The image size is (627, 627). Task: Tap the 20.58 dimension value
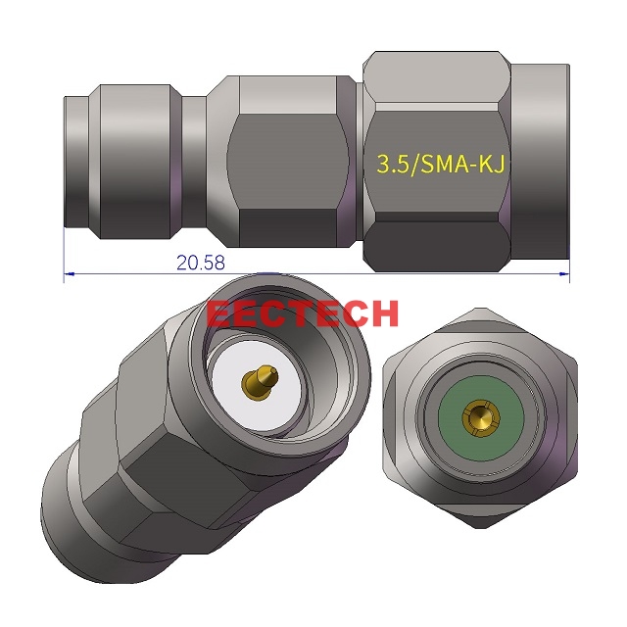pos(201,263)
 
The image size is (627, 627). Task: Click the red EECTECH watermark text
pos(303,313)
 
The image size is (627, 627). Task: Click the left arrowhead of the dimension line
pos(68,274)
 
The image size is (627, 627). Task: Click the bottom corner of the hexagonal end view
pos(480,530)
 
